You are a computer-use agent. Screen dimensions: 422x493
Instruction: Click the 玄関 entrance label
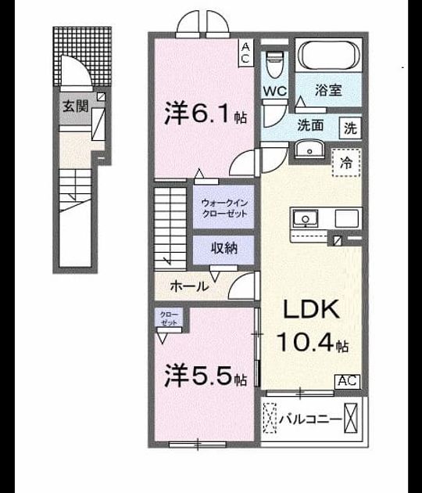click(x=75, y=106)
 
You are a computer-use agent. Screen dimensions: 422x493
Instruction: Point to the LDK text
click(x=311, y=309)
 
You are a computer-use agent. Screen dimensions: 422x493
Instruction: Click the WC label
click(x=275, y=92)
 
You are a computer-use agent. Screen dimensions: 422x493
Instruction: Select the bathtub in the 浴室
click(x=328, y=55)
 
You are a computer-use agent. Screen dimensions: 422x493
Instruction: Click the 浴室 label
click(x=328, y=90)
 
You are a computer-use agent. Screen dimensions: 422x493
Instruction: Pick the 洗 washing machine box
click(x=350, y=128)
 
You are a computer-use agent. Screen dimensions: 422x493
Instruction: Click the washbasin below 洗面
click(x=310, y=149)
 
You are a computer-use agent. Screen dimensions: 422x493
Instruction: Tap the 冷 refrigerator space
click(x=347, y=162)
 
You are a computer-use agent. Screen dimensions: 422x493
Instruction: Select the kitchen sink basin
click(x=306, y=218)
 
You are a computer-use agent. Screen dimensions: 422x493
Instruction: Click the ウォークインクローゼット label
click(x=224, y=208)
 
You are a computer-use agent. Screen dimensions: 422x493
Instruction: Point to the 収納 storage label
click(x=224, y=249)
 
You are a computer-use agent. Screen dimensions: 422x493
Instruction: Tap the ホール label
click(x=189, y=286)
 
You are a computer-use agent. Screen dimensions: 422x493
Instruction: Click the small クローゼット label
click(x=169, y=318)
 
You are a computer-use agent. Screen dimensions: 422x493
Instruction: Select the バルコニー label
click(x=311, y=419)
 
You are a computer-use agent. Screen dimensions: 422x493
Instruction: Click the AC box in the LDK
click(x=348, y=381)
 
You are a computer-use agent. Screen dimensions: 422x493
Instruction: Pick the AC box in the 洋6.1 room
click(x=245, y=53)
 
